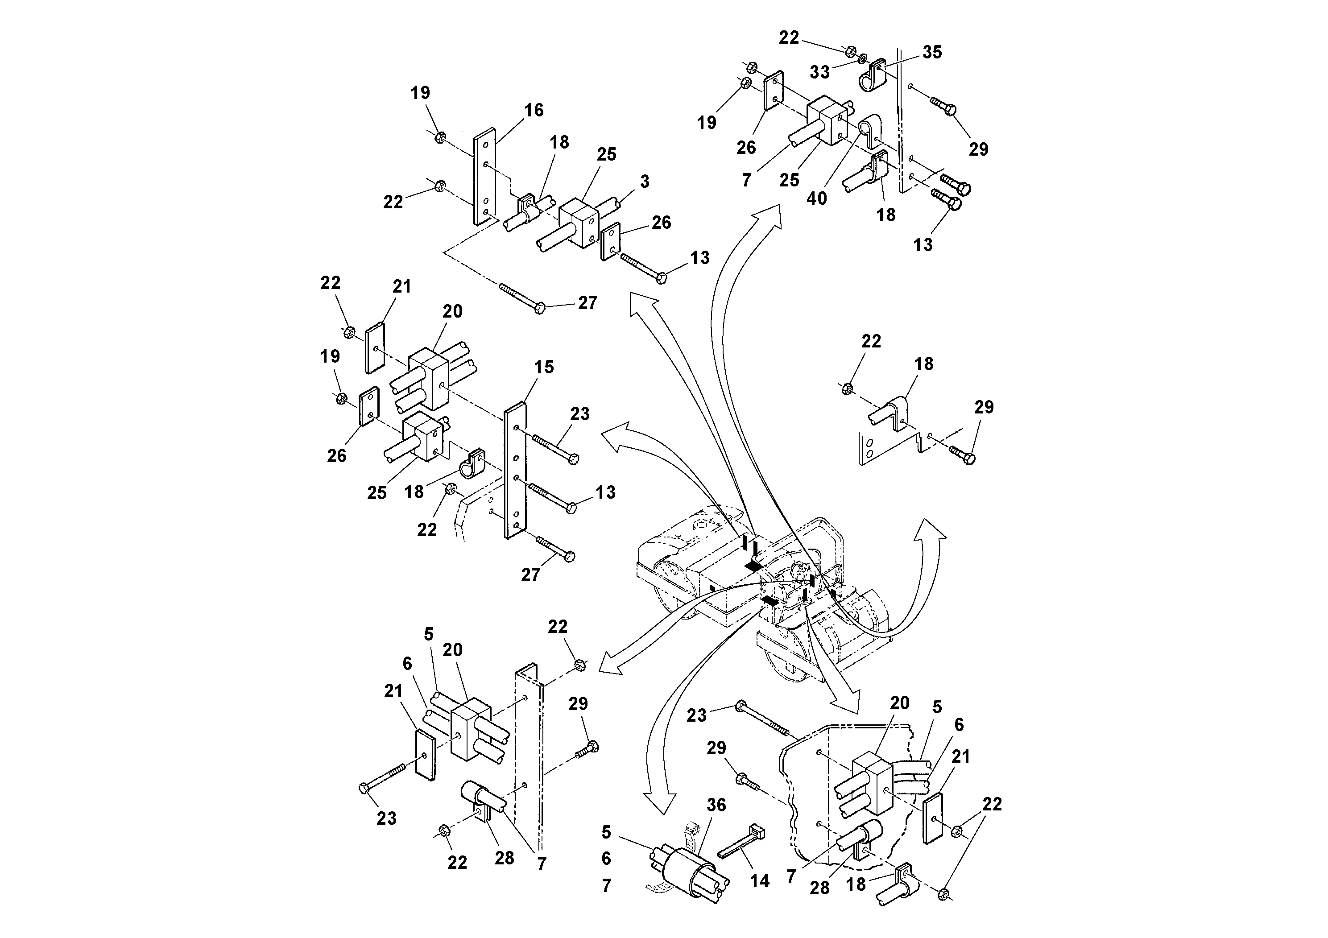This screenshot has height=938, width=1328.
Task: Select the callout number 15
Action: tap(544, 367)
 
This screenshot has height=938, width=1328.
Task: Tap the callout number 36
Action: tap(716, 805)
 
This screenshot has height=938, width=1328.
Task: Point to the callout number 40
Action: tap(816, 198)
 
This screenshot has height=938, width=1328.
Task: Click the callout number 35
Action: tap(932, 52)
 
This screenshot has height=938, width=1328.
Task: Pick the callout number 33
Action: tap(819, 72)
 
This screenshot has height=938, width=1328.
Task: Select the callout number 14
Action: tap(759, 881)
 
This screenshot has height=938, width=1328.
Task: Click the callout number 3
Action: tap(644, 182)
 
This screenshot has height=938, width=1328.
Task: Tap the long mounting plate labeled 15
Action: tap(515, 471)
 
